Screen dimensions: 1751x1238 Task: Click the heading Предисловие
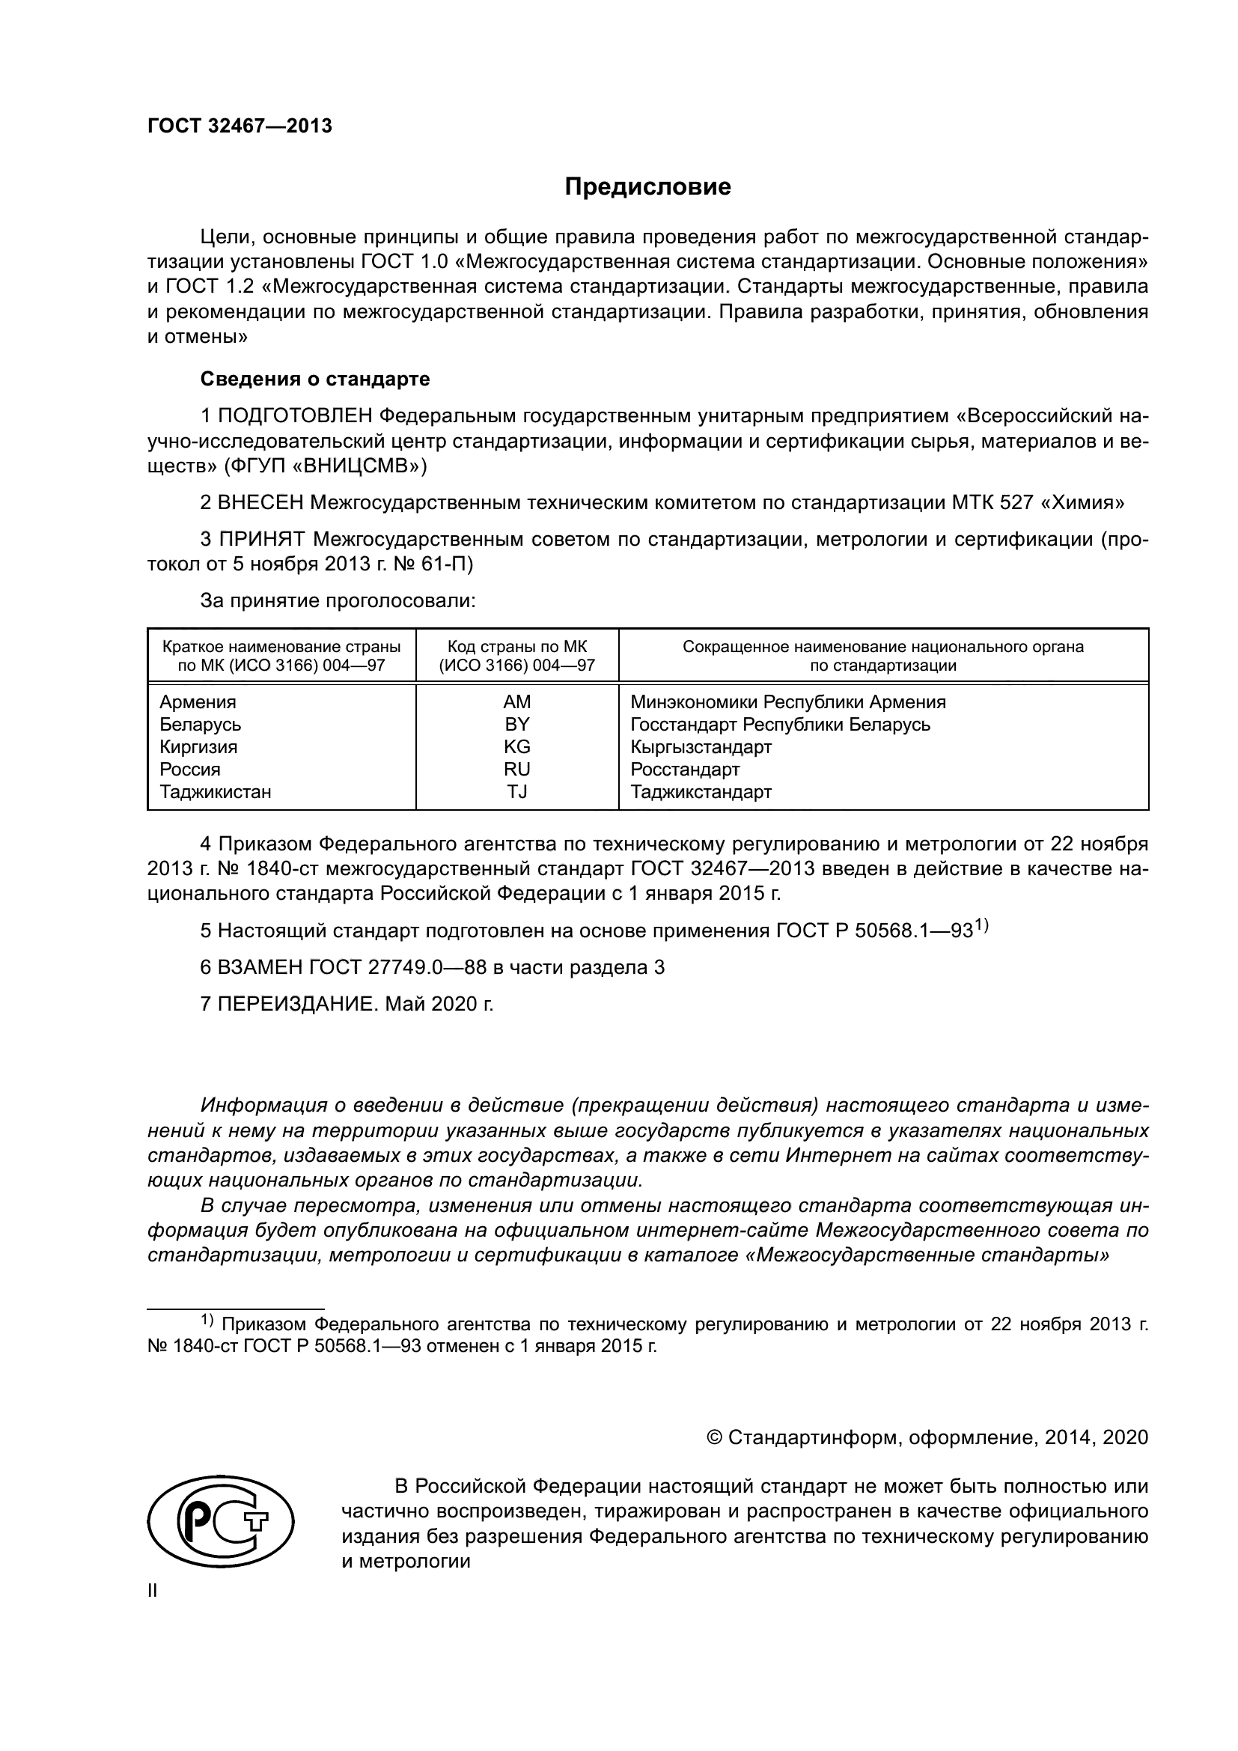pos(647,187)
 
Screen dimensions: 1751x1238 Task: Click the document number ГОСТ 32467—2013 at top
pos(240,127)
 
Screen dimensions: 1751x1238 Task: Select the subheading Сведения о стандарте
pos(315,379)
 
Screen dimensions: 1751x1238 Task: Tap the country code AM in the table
pos(517,701)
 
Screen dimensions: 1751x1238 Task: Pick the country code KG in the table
pos(517,746)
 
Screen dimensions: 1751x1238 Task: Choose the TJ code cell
pos(517,791)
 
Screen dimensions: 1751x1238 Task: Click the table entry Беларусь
pos(200,725)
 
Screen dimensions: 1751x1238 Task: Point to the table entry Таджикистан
pos(215,791)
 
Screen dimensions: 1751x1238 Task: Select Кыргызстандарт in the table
pos(701,746)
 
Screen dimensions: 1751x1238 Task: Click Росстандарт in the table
pos(685,769)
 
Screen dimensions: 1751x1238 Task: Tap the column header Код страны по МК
pos(517,647)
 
